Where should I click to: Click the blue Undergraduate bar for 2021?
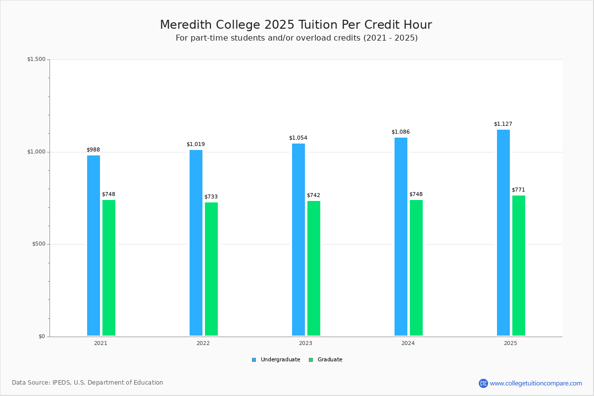(x=94, y=246)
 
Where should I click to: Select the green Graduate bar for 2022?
(x=211, y=269)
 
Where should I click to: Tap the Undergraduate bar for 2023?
(x=298, y=240)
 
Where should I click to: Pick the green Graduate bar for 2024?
(x=416, y=268)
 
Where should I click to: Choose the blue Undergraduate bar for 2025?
(x=503, y=233)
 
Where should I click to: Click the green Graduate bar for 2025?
(x=519, y=265)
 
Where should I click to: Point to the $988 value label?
(x=93, y=150)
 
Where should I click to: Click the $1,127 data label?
(x=503, y=124)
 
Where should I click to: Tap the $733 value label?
(x=211, y=197)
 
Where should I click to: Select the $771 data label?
(x=518, y=190)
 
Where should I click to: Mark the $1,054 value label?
(x=298, y=138)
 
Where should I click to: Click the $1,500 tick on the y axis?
(x=36, y=59)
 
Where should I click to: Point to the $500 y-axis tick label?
(x=38, y=244)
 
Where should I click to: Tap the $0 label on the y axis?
(x=42, y=337)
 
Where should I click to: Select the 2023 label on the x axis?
(x=305, y=343)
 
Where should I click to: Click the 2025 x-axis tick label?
(x=510, y=343)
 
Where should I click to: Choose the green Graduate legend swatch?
(x=311, y=360)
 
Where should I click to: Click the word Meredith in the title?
(x=186, y=25)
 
